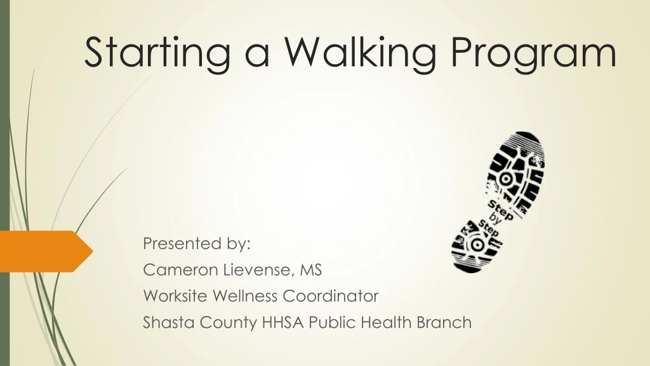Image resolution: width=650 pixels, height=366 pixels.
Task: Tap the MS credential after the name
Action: [311, 270]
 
